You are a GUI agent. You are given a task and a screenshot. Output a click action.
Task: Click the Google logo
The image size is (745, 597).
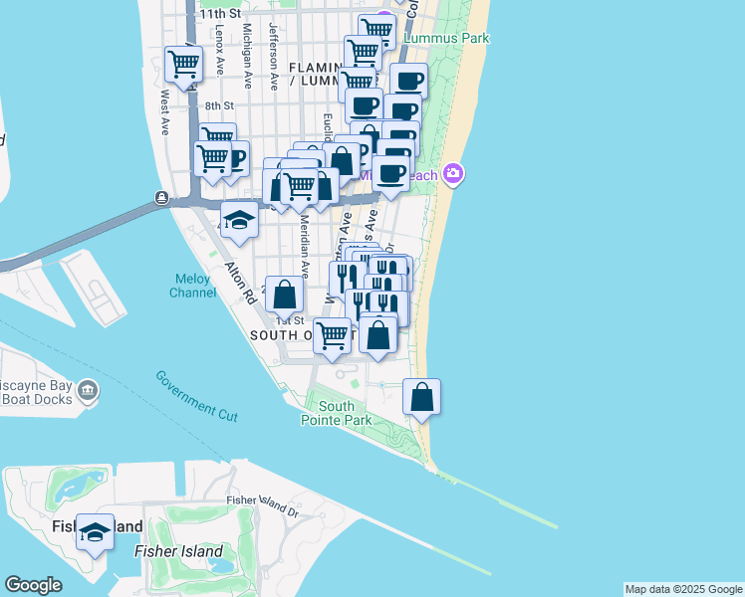[34, 585]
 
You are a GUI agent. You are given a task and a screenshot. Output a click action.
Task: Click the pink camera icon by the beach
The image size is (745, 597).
[454, 174]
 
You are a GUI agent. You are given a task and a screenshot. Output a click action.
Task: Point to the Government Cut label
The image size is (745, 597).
[196, 395]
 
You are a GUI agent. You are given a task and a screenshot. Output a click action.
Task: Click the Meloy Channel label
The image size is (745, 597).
[193, 286]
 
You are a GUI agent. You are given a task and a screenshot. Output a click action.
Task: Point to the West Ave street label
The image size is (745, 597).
[164, 107]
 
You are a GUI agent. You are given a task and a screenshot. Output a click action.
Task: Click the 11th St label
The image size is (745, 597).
[220, 14]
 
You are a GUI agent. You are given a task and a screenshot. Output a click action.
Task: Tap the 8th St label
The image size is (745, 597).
[219, 105]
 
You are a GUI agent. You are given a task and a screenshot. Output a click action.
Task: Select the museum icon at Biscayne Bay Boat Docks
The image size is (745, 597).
[89, 389]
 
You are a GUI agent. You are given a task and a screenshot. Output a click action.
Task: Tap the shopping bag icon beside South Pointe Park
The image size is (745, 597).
[422, 396]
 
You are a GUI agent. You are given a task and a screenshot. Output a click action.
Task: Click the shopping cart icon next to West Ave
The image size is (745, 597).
[184, 64]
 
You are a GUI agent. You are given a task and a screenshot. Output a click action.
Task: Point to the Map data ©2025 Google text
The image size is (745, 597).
[683, 589]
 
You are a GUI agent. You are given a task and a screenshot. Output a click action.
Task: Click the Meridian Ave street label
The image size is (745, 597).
[305, 255]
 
